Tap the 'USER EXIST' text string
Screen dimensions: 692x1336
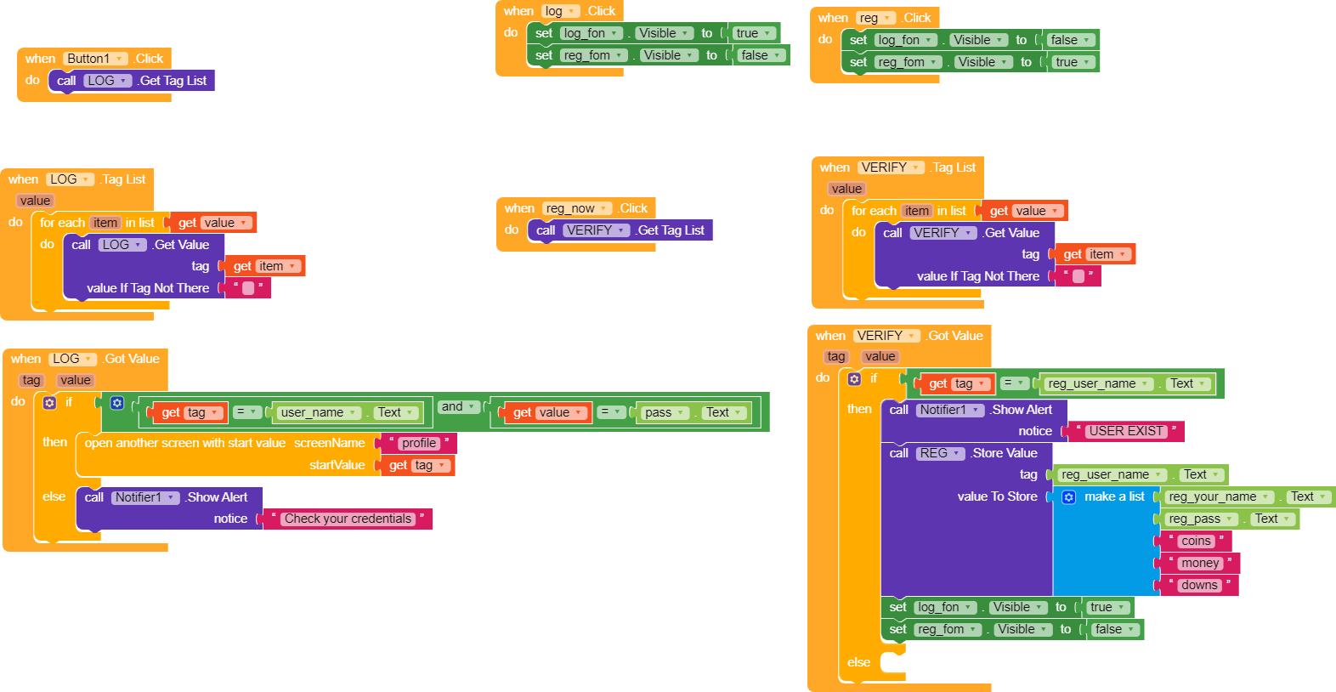pyautogui.click(x=1126, y=431)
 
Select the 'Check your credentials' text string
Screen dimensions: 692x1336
pyautogui.click(x=348, y=519)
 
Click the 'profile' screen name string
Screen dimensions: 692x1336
pyautogui.click(x=419, y=443)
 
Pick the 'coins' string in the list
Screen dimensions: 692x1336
pyautogui.click(x=1196, y=541)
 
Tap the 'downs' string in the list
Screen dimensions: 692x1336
pyautogui.click(x=1199, y=585)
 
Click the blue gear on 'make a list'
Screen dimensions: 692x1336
pyautogui.click(x=1069, y=497)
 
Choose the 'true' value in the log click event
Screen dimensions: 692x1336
pyautogui.click(x=753, y=33)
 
